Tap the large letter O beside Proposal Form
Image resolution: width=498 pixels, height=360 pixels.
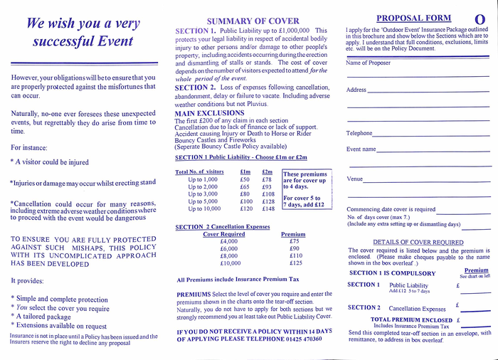click(480, 19)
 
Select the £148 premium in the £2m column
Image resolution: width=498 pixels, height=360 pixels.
click(268, 208)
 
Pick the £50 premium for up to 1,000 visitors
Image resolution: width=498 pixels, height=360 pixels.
click(245, 180)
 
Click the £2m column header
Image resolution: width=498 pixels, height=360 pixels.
click(267, 171)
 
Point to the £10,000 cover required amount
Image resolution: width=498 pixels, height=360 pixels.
click(230, 263)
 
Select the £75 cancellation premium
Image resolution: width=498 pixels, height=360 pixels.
click(295, 241)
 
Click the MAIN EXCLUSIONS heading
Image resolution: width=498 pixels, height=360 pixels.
click(209, 113)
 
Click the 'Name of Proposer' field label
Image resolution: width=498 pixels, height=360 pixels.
click(369, 63)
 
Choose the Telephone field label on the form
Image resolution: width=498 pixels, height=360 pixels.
click(359, 133)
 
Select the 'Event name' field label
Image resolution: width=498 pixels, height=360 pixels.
click(361, 149)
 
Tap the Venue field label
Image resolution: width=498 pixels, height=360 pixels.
click(354, 179)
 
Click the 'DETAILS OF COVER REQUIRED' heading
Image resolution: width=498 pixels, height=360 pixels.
click(418, 242)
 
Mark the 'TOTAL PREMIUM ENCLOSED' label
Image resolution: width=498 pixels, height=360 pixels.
click(411, 320)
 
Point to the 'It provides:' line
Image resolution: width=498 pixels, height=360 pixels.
click(28, 281)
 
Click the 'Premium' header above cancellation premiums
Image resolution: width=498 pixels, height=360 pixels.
click(293, 233)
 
